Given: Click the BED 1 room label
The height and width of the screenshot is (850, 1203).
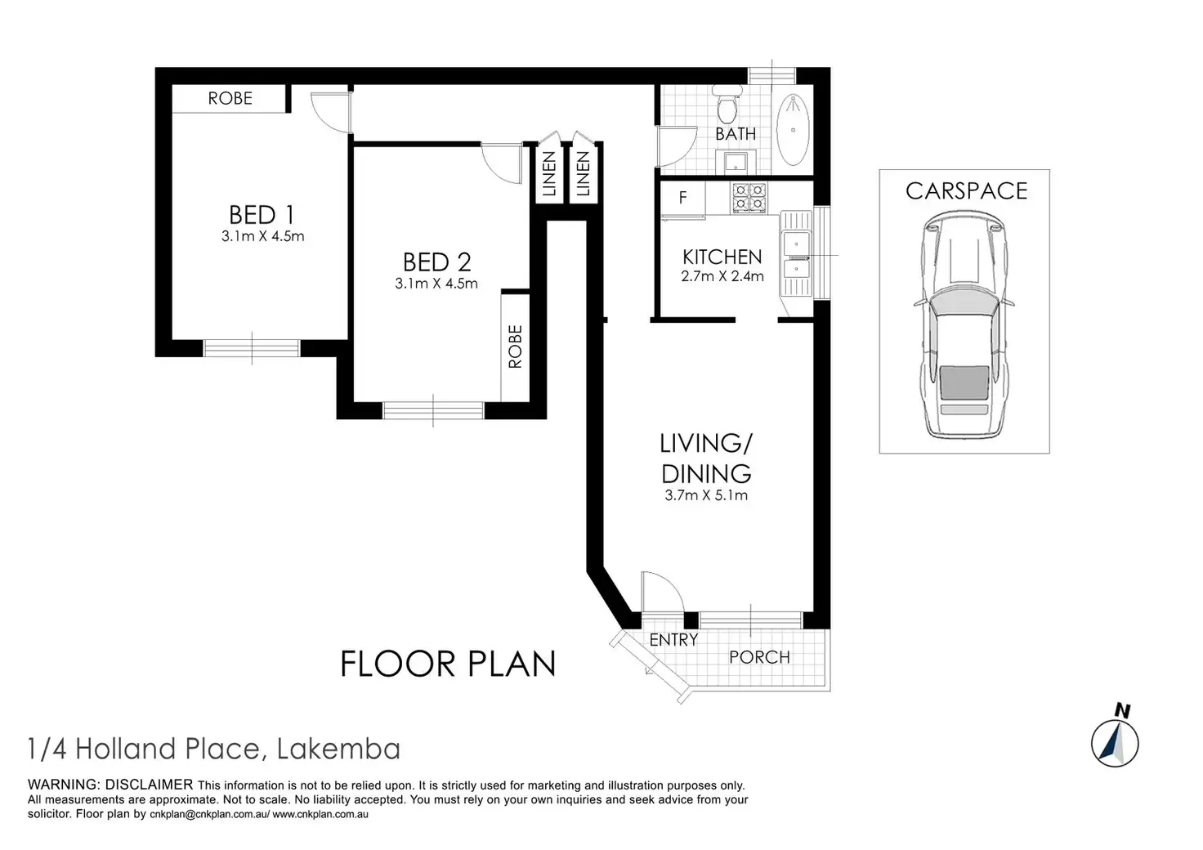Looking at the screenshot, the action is tap(262, 215).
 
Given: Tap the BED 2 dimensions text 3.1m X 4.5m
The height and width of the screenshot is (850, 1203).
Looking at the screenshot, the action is tap(436, 284).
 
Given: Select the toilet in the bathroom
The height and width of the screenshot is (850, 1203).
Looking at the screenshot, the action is tap(727, 105).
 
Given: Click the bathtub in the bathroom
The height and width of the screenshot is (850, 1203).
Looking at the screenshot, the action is tap(794, 130).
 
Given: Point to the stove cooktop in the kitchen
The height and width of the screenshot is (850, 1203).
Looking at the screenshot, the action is tap(749, 198).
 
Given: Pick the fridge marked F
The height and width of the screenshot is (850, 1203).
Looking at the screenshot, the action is tap(682, 198).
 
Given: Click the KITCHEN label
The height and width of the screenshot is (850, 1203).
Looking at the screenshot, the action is tap(722, 257).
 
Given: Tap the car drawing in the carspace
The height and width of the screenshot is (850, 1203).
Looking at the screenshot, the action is tap(964, 324).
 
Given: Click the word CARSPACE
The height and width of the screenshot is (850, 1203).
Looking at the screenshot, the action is tap(966, 191).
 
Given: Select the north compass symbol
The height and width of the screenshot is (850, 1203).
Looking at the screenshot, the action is tap(1115, 738).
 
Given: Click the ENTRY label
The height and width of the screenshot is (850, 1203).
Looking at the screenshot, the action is tap(673, 640).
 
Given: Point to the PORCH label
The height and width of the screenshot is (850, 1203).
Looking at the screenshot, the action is tap(759, 657).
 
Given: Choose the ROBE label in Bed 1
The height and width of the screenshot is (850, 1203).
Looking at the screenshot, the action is tap(230, 98).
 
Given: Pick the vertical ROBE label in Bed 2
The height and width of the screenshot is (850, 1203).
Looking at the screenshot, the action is tap(515, 347).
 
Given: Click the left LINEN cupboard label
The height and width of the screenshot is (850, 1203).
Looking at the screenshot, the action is tap(549, 173).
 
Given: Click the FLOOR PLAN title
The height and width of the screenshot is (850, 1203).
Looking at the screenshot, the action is tap(448, 664).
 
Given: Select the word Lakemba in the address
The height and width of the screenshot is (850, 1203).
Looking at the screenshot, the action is tap(338, 749).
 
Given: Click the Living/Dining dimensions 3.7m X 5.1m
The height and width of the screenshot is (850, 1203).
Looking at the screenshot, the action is tap(705, 495).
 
